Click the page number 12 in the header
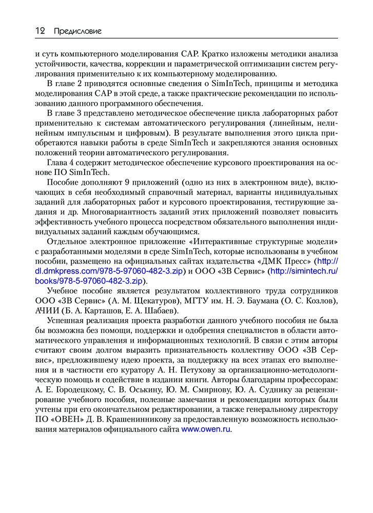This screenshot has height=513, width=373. [x=40, y=31]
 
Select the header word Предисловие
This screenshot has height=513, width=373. [x=77, y=31]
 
